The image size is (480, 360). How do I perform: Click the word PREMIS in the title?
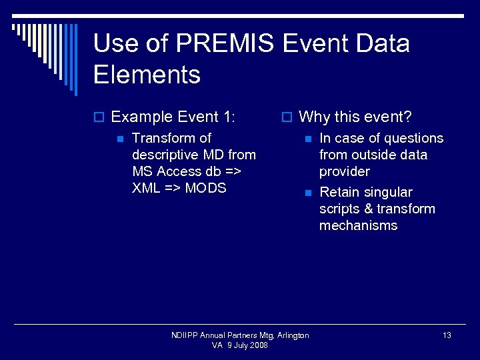225,44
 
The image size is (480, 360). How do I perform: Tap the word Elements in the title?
147,74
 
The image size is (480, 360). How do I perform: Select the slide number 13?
447,335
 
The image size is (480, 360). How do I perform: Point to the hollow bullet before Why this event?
287,118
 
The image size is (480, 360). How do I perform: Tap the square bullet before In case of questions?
307,139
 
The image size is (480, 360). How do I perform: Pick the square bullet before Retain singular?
307,193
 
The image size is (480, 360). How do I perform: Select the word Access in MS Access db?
180,171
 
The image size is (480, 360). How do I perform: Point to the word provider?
344,172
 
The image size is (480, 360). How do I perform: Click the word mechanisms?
358,225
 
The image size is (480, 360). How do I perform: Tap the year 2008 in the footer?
258,345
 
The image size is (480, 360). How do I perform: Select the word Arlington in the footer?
293,335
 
